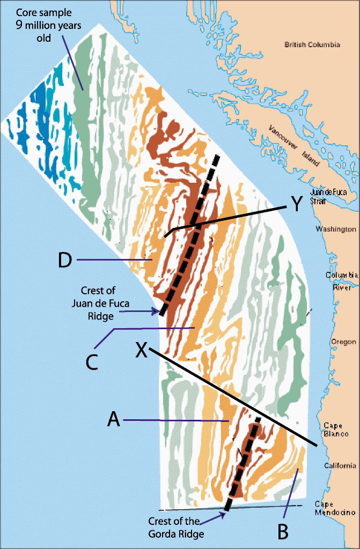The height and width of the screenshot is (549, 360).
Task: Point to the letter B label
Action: coord(283,531)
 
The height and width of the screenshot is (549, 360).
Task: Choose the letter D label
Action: coord(65,260)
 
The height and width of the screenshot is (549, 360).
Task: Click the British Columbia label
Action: coord(312,45)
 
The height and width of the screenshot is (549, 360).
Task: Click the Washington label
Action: coord(336,229)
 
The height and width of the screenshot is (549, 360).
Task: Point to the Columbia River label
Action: coord(341,281)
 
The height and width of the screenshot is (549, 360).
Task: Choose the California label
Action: coord(340,465)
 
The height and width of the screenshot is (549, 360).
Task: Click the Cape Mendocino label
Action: coord(335,508)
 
